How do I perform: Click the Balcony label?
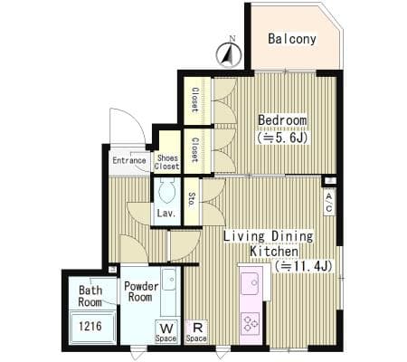point(292,39)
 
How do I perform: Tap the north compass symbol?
point(229,54)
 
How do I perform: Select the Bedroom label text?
point(282,120)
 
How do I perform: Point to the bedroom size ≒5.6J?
point(282,138)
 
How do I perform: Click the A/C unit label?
point(329,202)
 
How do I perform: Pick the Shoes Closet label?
point(166,162)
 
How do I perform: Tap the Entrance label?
point(129,160)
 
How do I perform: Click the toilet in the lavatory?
point(166,190)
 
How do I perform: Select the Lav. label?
point(166,214)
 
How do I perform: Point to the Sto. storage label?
point(191,199)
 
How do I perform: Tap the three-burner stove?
point(251,324)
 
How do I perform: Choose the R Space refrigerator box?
point(196,331)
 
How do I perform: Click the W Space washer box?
point(166,332)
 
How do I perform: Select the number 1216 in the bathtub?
point(90,326)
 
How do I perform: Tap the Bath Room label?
point(90,296)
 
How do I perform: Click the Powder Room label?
point(141,291)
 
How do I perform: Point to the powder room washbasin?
point(169,280)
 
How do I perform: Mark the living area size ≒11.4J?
point(303,266)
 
